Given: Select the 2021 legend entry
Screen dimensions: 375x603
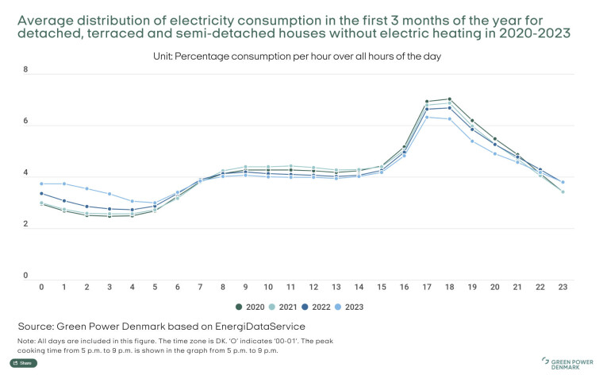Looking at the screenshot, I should (282, 306).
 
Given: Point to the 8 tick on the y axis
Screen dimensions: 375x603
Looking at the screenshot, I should (25, 71).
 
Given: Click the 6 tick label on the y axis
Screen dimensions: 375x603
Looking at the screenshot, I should (25, 122).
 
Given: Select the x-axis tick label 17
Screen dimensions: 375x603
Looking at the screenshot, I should (427, 287).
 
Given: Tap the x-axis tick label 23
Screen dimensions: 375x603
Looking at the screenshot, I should (562, 287).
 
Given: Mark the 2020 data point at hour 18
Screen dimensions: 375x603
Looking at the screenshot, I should (450, 99).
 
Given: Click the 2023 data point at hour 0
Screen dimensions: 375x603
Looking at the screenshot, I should (41, 184).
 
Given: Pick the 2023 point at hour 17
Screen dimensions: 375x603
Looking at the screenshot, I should (427, 118).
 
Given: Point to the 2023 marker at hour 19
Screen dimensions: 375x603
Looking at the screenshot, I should (472, 141).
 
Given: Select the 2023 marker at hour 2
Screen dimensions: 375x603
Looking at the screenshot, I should (86, 188).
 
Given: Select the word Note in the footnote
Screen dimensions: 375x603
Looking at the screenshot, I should (25, 340).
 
